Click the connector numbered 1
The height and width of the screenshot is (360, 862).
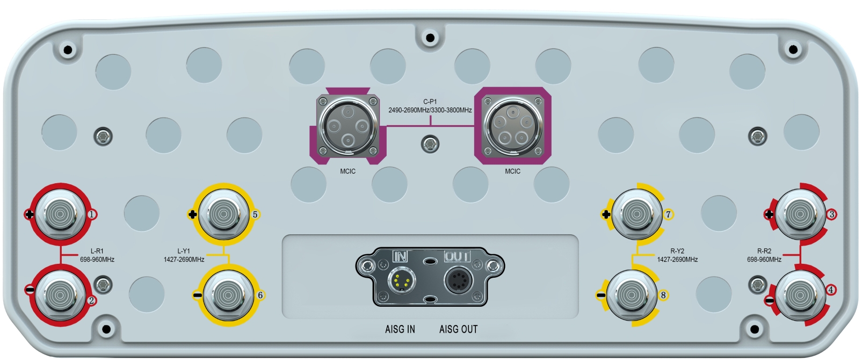60,214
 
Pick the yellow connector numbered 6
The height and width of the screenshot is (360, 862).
227,295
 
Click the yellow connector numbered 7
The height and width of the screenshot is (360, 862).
637,214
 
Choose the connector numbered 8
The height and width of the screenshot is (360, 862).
632,295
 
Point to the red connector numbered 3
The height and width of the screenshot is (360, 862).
801,214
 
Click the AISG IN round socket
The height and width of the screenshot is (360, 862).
401,280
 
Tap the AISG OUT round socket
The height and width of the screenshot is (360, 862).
458,280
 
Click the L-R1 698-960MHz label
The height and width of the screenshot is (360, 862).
97,255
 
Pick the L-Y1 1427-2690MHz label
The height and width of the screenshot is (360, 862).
184,255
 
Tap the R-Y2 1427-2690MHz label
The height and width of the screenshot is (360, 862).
677,255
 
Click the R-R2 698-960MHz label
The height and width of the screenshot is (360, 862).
764,255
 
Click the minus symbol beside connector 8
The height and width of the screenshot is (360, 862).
601,295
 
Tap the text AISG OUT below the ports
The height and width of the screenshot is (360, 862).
458,329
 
